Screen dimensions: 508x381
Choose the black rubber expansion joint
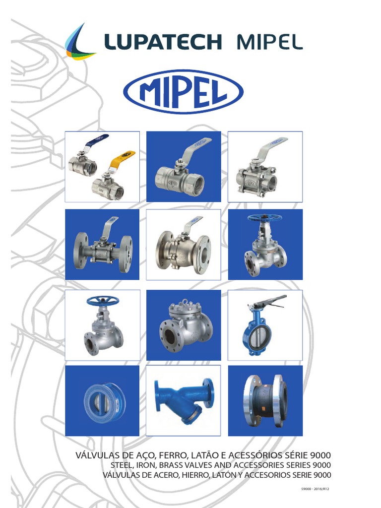(265, 401)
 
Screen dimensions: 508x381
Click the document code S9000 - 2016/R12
(315, 489)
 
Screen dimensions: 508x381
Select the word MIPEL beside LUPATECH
(269, 42)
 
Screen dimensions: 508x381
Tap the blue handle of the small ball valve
(96, 141)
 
